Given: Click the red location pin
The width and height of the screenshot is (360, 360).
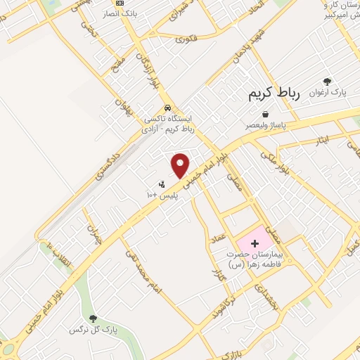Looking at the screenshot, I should coord(181,165).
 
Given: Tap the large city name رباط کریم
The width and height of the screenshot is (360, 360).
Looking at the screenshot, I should coord(273,95).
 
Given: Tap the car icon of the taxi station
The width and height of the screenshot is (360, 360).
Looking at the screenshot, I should coord(167,108).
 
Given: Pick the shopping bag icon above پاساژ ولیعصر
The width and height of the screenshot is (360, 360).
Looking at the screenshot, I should coord(265,114).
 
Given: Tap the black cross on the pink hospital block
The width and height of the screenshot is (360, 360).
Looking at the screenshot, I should coord(255,242).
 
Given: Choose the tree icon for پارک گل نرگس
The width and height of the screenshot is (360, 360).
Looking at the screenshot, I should coord(93,319).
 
